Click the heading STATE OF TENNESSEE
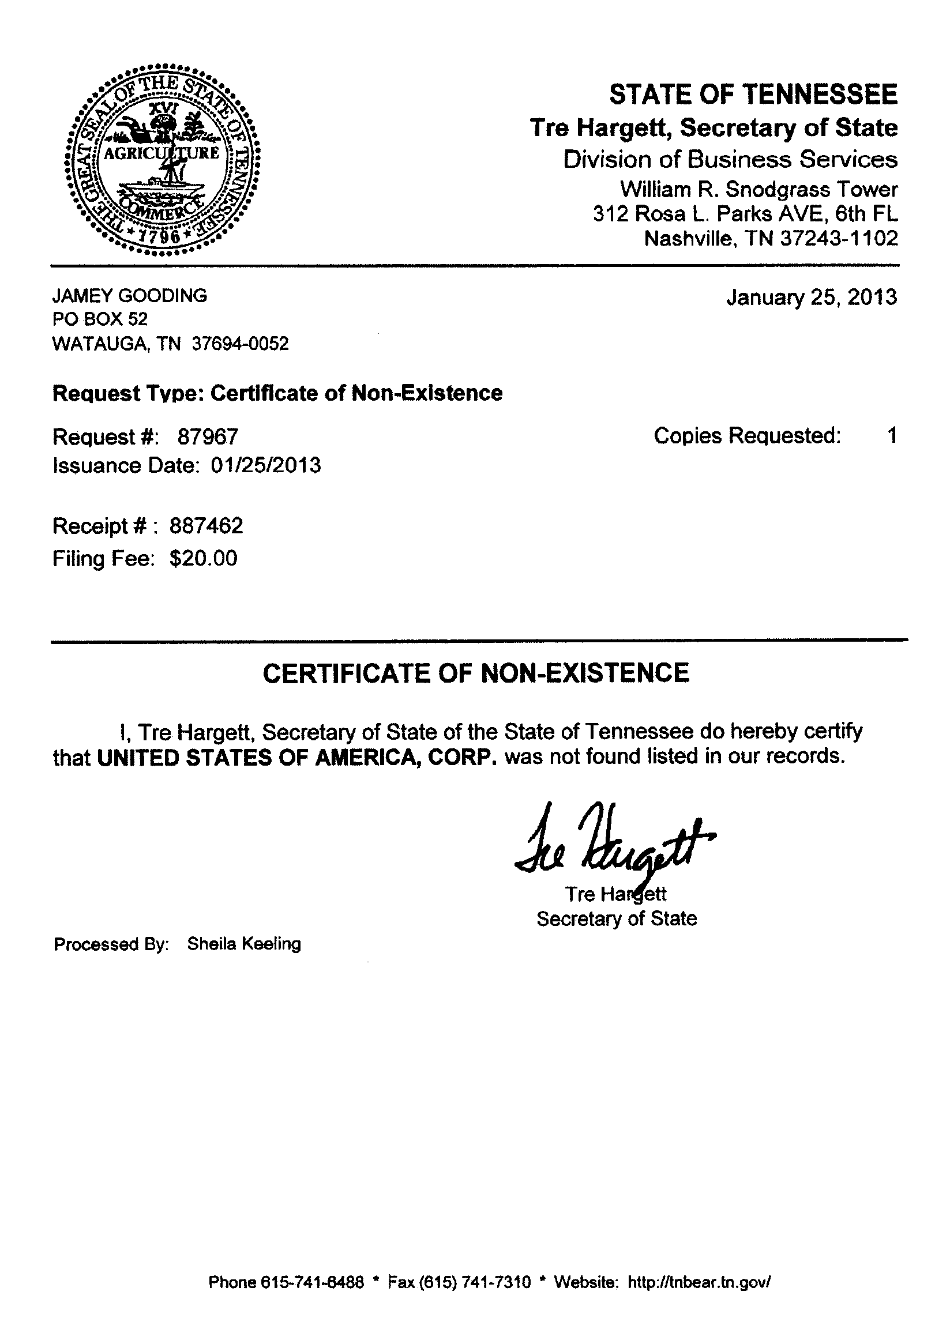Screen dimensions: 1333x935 tap(753, 95)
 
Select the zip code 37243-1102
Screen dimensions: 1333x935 tap(839, 239)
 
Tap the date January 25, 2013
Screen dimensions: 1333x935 tap(812, 298)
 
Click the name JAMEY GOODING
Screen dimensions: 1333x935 tap(130, 296)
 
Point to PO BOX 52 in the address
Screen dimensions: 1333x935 tap(100, 319)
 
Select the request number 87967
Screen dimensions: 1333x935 tap(208, 436)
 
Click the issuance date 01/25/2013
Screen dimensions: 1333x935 tap(266, 466)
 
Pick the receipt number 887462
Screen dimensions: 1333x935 tap(206, 526)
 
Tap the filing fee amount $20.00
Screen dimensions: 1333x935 tap(203, 559)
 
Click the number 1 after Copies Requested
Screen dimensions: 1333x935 tap(893, 435)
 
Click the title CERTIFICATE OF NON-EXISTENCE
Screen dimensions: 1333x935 tap(476, 673)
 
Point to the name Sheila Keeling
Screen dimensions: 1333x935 tap(244, 944)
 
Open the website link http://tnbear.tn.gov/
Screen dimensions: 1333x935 tap(699, 1282)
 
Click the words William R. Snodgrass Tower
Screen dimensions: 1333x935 tap(758, 189)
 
